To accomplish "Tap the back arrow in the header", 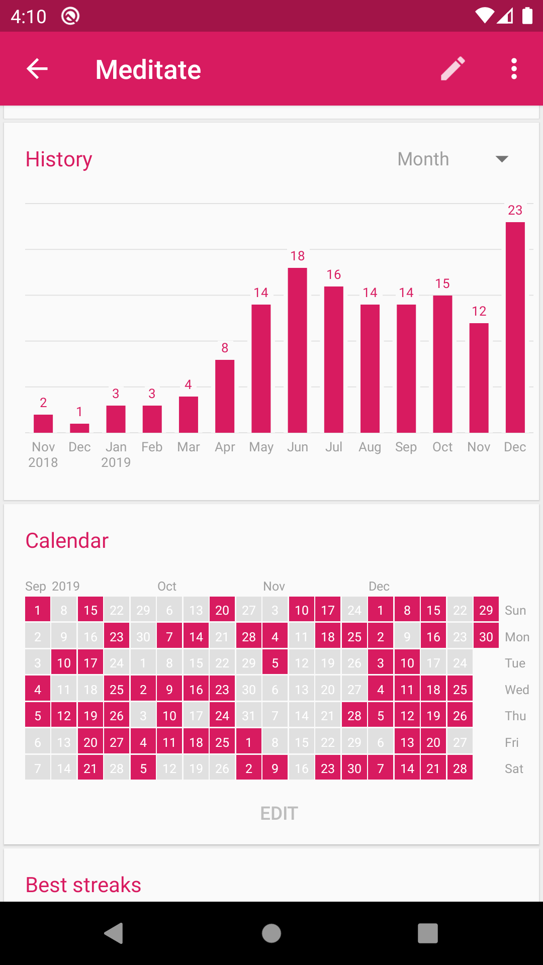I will [37, 69].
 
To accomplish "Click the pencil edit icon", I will [452, 69].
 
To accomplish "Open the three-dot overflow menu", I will [513, 69].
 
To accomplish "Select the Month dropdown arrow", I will [501, 159].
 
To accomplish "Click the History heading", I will [59, 159].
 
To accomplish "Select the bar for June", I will [297, 350].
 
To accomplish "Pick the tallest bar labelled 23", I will [515, 327].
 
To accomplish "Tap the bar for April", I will [225, 396].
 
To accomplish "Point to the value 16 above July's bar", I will [334, 275].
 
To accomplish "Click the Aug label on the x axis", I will [370, 447].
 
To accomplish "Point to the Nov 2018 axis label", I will [43, 454].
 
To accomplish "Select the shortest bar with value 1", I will [79, 428].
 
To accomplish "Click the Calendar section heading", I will [67, 541].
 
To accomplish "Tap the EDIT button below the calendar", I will [279, 813].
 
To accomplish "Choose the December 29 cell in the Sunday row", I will [486, 610].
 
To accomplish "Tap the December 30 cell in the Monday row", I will [486, 637].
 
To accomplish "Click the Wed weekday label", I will [516, 690].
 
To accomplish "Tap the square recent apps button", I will [427, 933].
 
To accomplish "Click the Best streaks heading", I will [83, 885].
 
